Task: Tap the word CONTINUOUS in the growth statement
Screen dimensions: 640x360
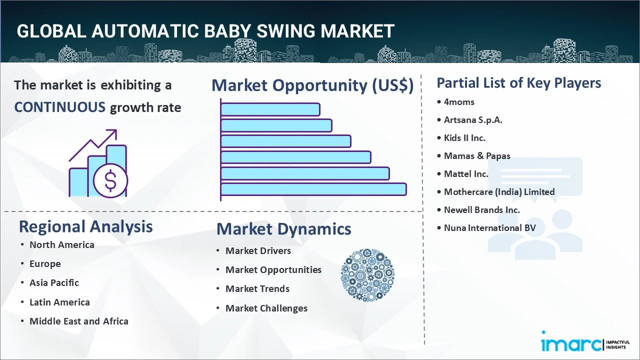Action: pyautogui.click(x=60, y=107)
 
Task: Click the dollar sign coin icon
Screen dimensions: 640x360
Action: pyautogui.click(x=110, y=180)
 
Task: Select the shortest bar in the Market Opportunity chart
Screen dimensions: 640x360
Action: pyautogui.click(x=270, y=109)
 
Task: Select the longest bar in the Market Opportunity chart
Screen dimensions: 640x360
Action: pyautogui.click(x=313, y=189)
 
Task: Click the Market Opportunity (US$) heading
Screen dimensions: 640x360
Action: pyautogui.click(x=312, y=85)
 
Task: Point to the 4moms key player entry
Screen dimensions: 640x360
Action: pyautogui.click(x=459, y=102)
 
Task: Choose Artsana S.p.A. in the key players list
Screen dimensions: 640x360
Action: pyautogui.click(x=473, y=120)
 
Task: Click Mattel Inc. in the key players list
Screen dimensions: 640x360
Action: pyautogui.click(x=466, y=173)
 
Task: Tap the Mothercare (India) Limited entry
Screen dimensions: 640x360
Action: pyautogui.click(x=499, y=191)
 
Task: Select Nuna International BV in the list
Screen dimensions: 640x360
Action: pyautogui.click(x=489, y=227)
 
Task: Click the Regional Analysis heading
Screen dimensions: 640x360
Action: pyautogui.click(x=85, y=227)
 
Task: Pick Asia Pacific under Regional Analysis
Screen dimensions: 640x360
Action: pyautogui.click(x=54, y=282)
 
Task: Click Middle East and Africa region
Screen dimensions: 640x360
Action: pyautogui.click(x=79, y=321)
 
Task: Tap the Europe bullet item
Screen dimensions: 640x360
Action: pyautogui.click(x=45, y=263)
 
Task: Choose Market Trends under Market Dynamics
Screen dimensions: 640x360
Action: pyautogui.click(x=257, y=289)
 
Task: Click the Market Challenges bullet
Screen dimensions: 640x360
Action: pyautogui.click(x=266, y=308)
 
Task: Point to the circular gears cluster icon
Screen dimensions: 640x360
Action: pyautogui.click(x=367, y=275)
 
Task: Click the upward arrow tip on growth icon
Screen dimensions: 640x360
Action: pyautogui.click(x=116, y=130)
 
